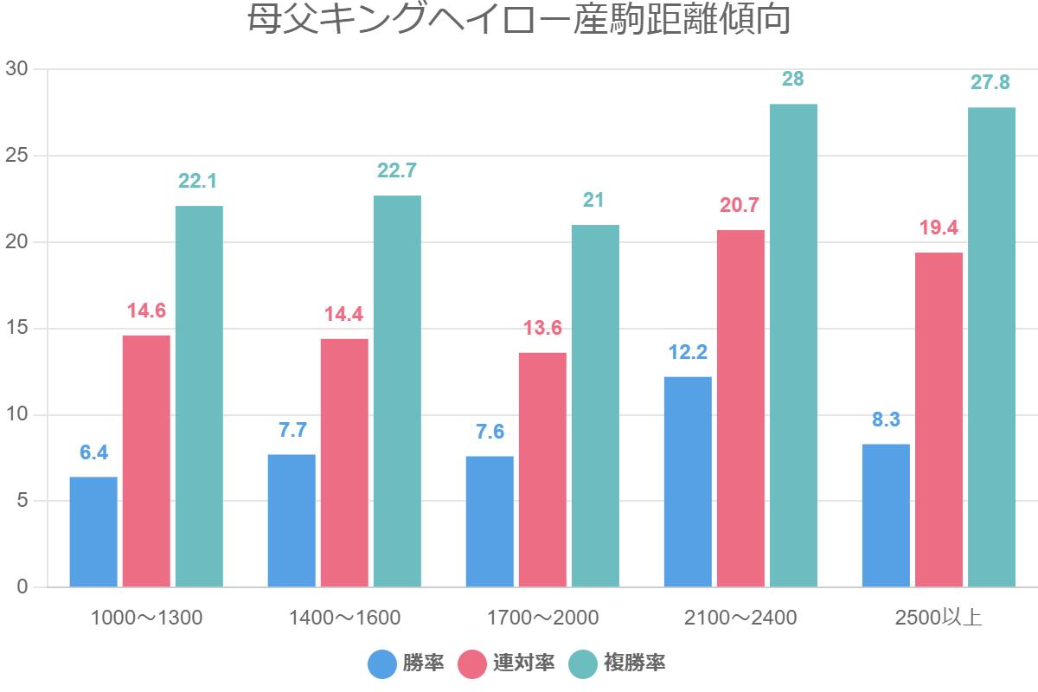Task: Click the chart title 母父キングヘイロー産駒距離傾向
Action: coord(519,21)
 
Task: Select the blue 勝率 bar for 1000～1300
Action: coord(93,532)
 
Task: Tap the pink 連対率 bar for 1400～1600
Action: coord(344,463)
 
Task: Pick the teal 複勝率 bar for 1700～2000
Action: coord(595,407)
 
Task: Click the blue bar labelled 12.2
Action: coord(688,482)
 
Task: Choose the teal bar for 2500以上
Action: coord(991,346)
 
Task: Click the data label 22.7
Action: coord(397,170)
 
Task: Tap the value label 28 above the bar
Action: coord(793,80)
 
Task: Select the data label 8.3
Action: coord(886,420)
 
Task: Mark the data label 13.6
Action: coord(542,328)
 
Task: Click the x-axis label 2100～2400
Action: coord(740,618)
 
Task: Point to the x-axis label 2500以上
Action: coord(939,618)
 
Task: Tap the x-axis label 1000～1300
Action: coord(146,618)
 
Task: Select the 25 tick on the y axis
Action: coord(16,156)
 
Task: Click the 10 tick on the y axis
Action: coord(16,415)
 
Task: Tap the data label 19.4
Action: coord(939,227)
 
